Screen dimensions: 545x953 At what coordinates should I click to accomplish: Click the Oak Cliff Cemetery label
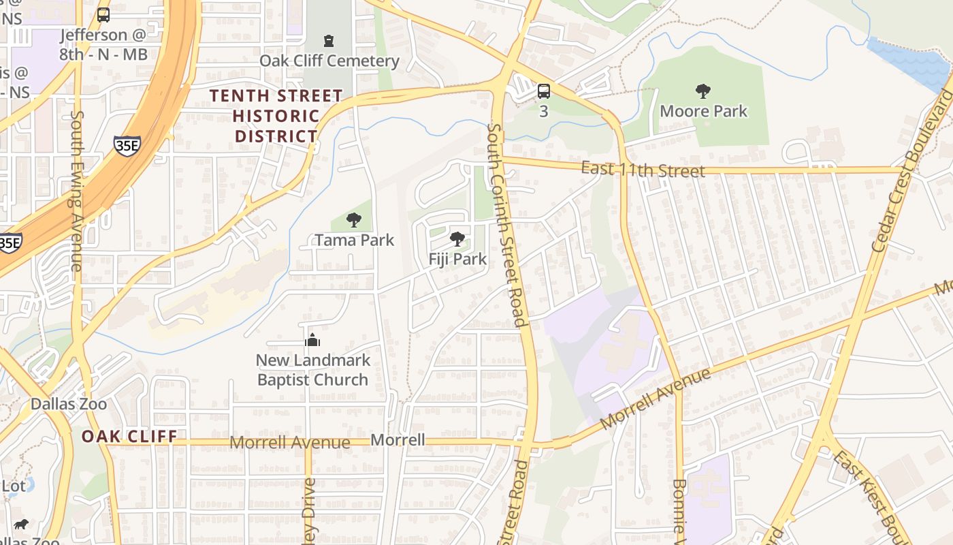click(x=329, y=61)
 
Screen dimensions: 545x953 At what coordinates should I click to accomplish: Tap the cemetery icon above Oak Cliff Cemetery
click(x=329, y=41)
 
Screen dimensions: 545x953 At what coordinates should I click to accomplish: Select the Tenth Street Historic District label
click(x=276, y=116)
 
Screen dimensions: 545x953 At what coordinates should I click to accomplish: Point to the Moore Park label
click(x=703, y=111)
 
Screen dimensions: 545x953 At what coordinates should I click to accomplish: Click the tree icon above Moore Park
click(x=703, y=91)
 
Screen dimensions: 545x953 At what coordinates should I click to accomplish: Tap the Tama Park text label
click(x=354, y=240)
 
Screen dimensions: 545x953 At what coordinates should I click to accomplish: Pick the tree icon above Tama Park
click(x=354, y=220)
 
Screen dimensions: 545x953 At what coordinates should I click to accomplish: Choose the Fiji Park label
click(x=457, y=259)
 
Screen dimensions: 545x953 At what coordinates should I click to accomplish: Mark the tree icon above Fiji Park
click(x=457, y=239)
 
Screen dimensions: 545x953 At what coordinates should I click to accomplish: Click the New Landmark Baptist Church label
click(x=312, y=370)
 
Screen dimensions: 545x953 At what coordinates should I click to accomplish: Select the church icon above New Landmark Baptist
click(x=312, y=341)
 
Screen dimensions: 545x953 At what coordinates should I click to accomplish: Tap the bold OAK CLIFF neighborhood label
click(x=129, y=436)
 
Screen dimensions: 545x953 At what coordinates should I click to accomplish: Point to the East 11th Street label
click(x=643, y=169)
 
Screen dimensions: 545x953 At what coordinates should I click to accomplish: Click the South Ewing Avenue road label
click(x=76, y=191)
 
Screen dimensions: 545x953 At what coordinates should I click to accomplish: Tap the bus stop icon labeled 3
click(x=543, y=91)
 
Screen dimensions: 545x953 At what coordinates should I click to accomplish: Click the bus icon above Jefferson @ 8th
click(x=103, y=15)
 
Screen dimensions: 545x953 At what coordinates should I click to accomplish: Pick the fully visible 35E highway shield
click(x=127, y=145)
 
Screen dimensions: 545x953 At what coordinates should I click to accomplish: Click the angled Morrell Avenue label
click(x=656, y=400)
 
